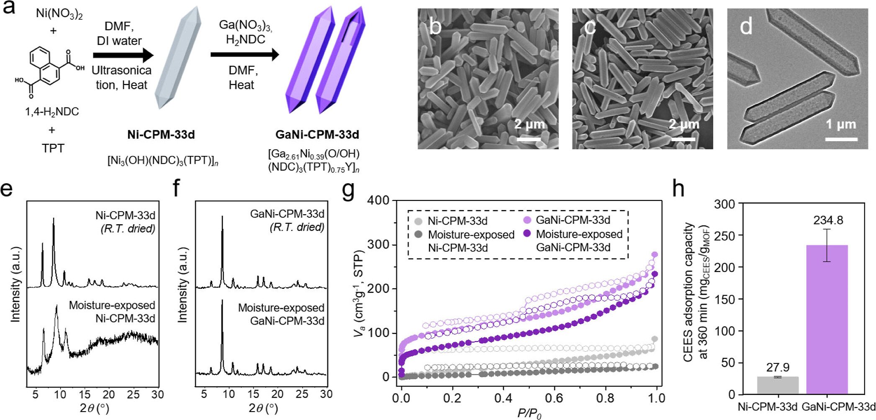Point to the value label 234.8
828,220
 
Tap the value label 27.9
778,367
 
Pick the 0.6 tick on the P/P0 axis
554,398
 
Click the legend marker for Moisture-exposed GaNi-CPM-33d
527,233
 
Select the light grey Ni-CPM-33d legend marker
418,221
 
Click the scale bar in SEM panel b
529,139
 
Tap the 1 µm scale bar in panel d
841,139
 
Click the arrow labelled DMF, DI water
123,55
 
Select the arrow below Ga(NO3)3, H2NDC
244,54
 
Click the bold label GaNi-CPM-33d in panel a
317,135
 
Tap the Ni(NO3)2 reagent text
59,13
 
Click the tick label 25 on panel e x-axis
133,394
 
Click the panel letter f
176,189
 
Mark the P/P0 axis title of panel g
529,413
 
